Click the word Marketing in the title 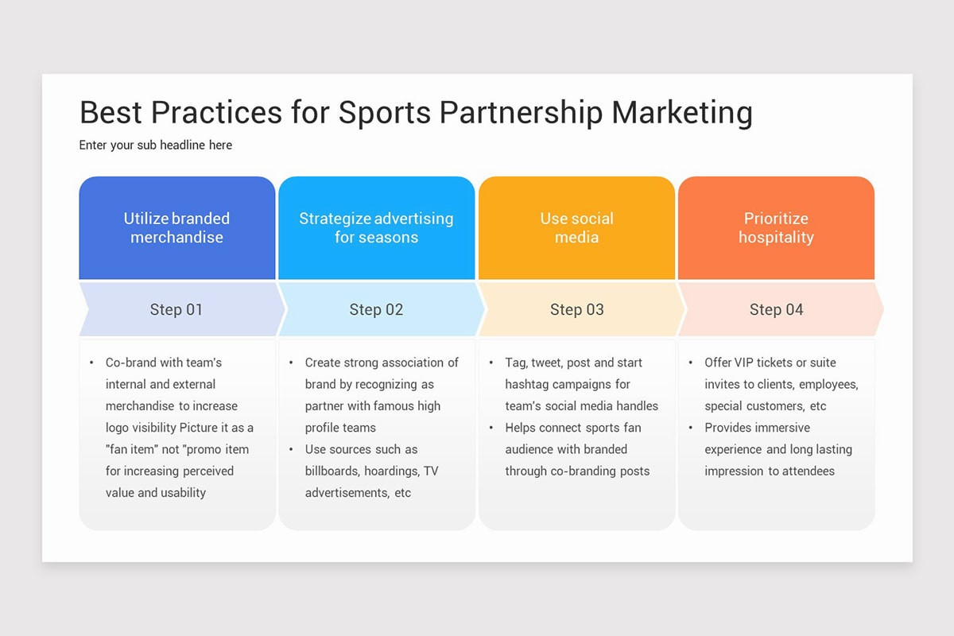pos(682,113)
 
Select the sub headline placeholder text pos(156,145)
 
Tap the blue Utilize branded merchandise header pos(176,228)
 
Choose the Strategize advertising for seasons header pos(376,228)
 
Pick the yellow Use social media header pos(576,228)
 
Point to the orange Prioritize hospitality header pos(776,228)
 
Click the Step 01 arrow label pos(176,309)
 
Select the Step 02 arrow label pos(376,309)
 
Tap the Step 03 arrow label pos(576,309)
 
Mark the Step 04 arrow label pos(776,309)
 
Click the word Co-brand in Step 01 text pos(131,363)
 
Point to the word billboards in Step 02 pos(332,471)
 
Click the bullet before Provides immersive pos(690,428)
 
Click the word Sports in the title pos(386,113)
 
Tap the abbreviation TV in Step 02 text pos(430,471)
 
